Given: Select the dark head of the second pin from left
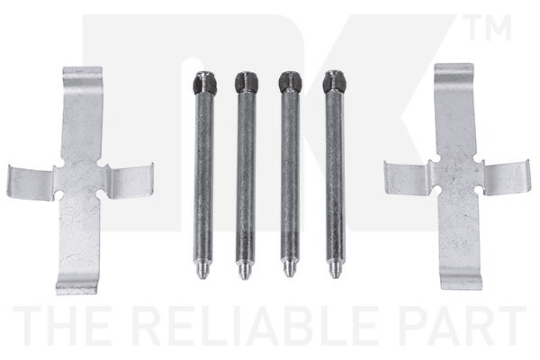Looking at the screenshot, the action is click(x=247, y=83).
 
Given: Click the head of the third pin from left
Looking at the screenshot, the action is click(x=290, y=83).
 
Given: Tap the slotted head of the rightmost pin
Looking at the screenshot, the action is click(x=334, y=83).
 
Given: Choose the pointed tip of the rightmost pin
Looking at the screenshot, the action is click(x=334, y=270).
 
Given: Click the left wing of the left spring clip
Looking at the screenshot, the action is click(x=30, y=182).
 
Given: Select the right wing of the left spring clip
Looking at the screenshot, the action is click(x=130, y=181).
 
